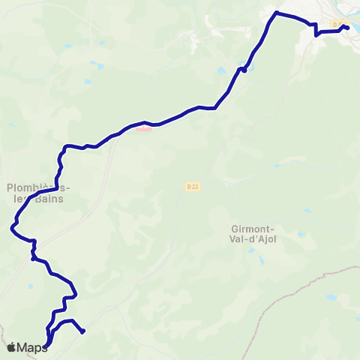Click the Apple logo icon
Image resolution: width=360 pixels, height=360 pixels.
point(11,347)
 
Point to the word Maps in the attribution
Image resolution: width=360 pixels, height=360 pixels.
point(32,347)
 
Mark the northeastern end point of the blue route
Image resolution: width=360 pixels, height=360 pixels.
point(347,28)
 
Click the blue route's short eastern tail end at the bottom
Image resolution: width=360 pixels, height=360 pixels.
point(83,331)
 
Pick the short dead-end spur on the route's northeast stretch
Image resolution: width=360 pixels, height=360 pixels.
point(244,70)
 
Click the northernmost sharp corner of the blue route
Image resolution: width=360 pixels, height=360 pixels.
point(276,13)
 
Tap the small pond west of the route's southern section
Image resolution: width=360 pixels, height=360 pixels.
point(31,286)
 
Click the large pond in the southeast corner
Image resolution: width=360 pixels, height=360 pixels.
point(331,298)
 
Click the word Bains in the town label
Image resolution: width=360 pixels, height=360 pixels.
point(51,200)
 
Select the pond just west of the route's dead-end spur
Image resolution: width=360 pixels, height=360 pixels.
point(221,71)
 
